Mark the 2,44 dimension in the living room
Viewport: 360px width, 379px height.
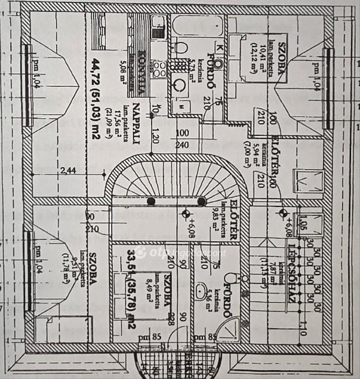click(68, 171)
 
